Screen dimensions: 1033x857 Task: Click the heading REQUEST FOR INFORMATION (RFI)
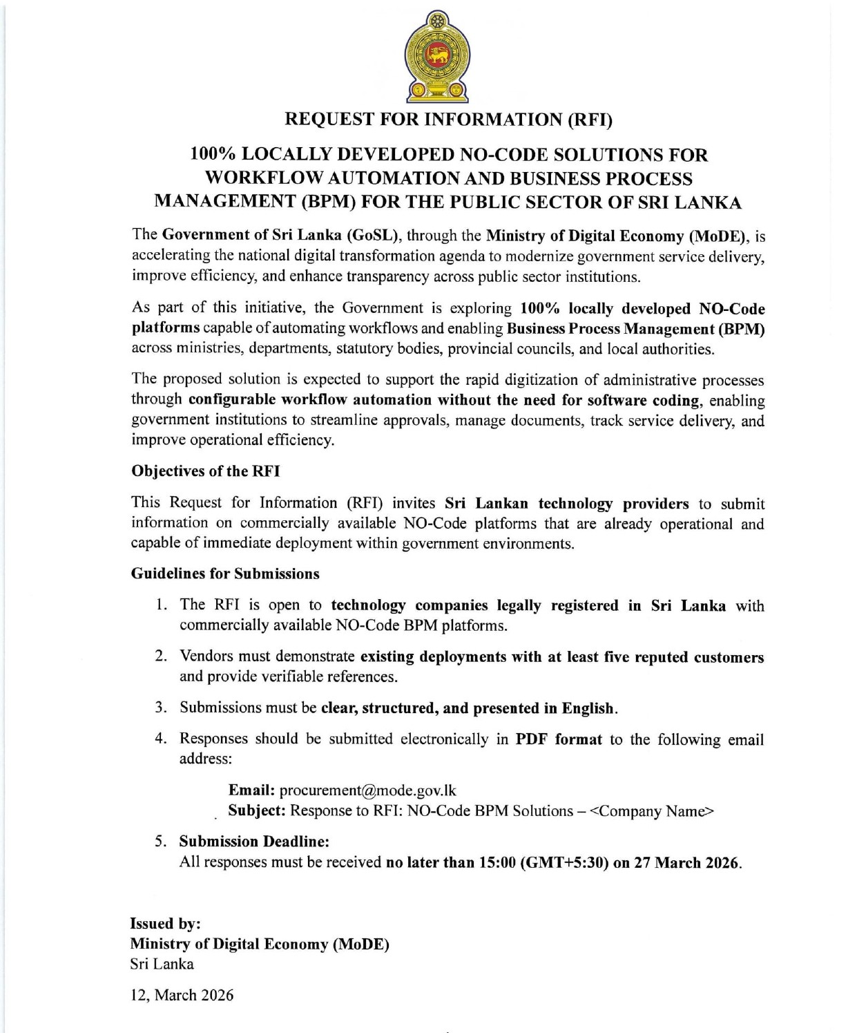click(449, 120)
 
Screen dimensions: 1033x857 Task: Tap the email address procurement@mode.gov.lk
click(367, 790)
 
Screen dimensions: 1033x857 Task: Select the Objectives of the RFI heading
click(205, 471)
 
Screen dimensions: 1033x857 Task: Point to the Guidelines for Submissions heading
click(225, 574)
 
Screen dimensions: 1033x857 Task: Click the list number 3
click(160, 708)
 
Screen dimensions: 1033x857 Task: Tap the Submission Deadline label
click(254, 842)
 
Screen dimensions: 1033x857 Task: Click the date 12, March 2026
click(182, 995)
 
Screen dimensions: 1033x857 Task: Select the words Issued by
click(165, 924)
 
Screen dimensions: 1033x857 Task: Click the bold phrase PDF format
click(559, 739)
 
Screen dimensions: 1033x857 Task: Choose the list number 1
click(160, 605)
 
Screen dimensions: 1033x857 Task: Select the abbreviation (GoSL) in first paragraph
click(372, 236)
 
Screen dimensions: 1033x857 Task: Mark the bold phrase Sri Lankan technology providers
click(566, 504)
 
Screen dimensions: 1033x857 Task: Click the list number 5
click(160, 842)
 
